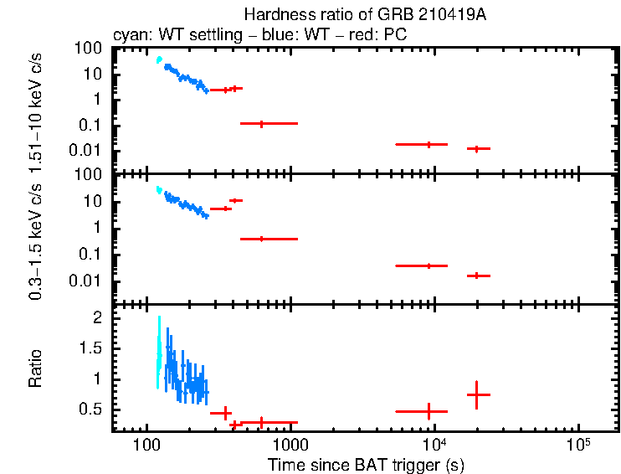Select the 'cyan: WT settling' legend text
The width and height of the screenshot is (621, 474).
tap(162, 36)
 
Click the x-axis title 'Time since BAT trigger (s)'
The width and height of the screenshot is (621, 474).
tap(365, 464)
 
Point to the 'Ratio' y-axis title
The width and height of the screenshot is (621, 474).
tap(35, 368)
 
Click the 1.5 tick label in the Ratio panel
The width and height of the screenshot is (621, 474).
tap(95, 348)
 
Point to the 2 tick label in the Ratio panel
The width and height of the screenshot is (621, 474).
tap(100, 318)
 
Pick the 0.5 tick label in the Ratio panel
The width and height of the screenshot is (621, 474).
tap(95, 409)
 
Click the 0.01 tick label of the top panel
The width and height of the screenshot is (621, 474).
tap(90, 151)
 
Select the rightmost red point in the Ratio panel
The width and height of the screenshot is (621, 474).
tap(477, 394)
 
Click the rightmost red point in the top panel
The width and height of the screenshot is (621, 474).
tap(477, 148)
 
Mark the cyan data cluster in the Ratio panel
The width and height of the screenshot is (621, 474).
tap(158, 352)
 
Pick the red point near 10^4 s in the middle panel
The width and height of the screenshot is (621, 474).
tap(429, 265)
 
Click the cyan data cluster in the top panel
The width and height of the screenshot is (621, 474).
tap(159, 60)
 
